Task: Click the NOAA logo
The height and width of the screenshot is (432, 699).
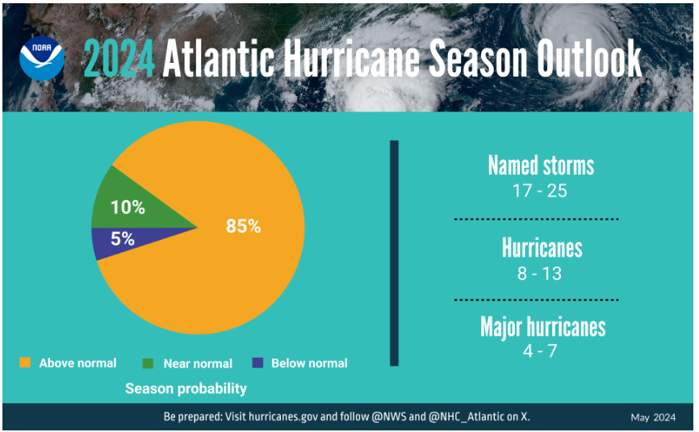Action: pos(42,57)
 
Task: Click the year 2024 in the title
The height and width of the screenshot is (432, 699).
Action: pos(118,58)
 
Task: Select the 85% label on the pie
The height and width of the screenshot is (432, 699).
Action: pos(243,227)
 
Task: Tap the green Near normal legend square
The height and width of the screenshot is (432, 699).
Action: pos(148,363)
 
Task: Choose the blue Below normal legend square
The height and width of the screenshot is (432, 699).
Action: pos(257,363)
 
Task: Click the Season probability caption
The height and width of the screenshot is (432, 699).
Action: pos(186,389)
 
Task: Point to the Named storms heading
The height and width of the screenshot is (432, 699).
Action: pos(541,166)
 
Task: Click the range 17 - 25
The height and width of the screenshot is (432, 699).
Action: pos(541,192)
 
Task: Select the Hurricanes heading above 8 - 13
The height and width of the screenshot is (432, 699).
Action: pos(541,247)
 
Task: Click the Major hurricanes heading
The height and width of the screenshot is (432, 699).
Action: pos(542,326)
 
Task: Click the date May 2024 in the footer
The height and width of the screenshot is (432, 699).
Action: pos(653,417)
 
